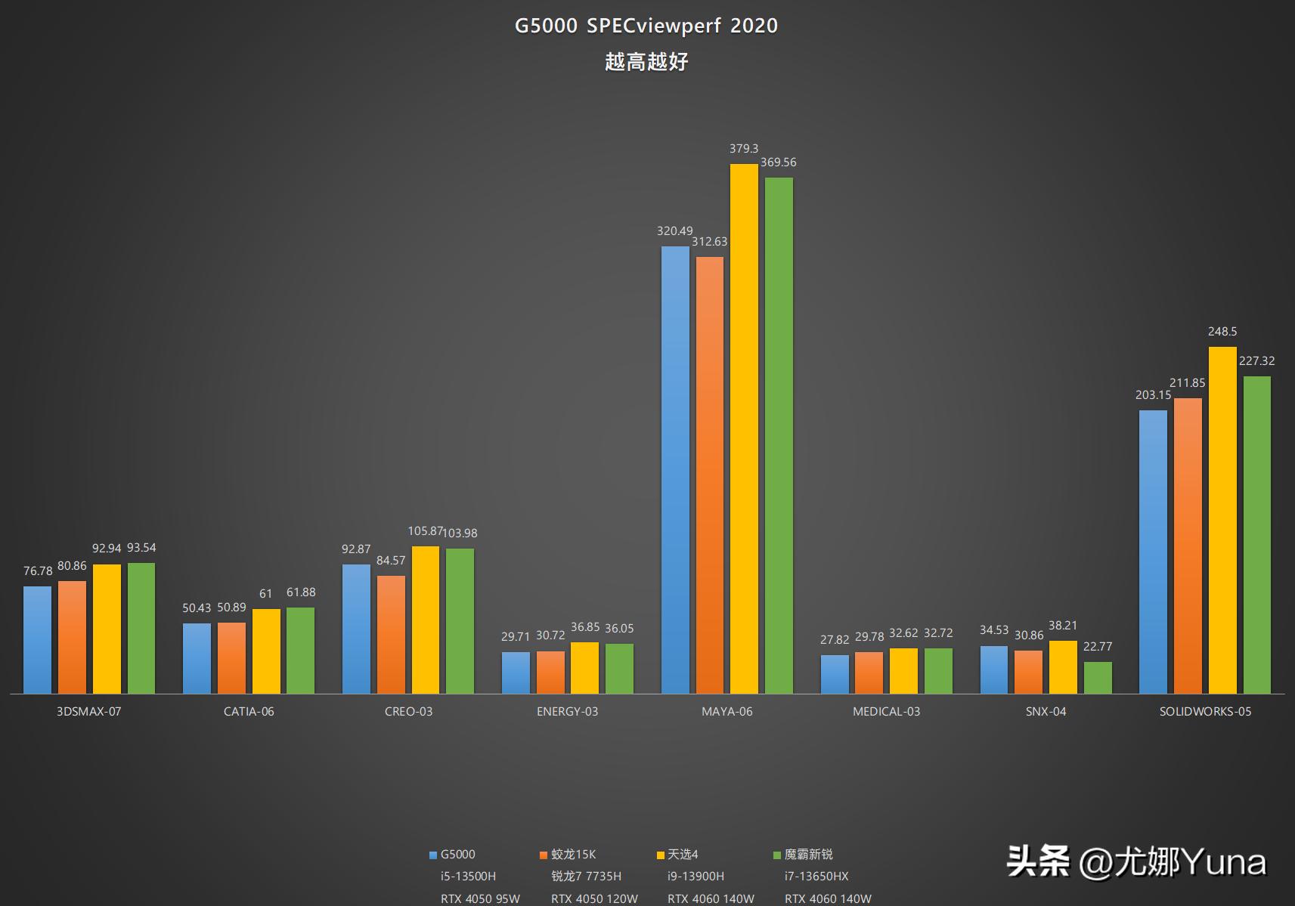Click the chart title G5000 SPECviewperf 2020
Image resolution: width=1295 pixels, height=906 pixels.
pos(646,26)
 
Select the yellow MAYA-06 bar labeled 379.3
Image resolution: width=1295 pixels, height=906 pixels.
pos(744,428)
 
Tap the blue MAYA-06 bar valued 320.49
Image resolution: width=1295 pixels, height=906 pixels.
pos(675,470)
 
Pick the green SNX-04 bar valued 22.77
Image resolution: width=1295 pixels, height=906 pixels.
pos(1098,678)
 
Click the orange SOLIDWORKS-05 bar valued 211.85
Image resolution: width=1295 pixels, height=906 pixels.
pos(1188,546)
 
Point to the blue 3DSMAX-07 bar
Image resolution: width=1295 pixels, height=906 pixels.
pos(38,640)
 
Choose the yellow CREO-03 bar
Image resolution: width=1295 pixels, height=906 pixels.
pos(426,620)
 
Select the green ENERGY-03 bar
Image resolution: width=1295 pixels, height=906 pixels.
pos(619,669)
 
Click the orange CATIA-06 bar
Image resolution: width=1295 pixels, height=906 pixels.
pos(231,658)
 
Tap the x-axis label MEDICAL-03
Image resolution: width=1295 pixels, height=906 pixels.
pos(886,712)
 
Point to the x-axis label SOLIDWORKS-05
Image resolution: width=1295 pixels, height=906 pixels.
pos(1205,712)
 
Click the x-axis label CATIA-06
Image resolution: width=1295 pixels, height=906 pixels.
pos(249,712)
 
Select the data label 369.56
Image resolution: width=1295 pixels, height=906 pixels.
pos(778,162)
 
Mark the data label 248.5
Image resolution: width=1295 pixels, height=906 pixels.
pos(1222,332)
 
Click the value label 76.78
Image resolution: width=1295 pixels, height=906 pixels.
pos(38,571)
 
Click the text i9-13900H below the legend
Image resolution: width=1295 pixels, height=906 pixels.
pos(696,877)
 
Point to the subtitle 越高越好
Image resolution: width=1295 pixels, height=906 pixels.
pos(646,62)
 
